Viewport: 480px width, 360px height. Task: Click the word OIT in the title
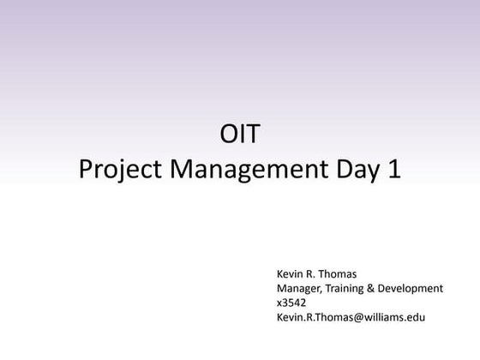pos(239,135)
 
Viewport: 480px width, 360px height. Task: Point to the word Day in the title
pos(357,169)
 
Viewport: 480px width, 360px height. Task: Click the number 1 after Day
pos(393,168)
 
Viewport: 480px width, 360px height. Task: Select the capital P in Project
pos(85,168)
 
